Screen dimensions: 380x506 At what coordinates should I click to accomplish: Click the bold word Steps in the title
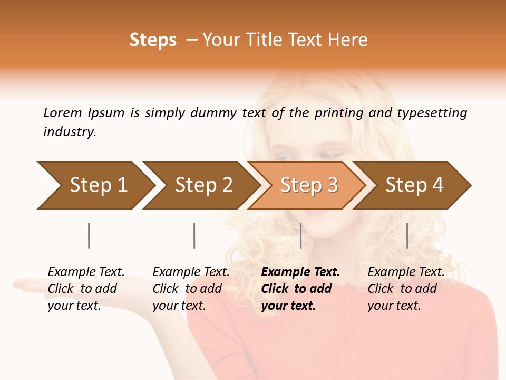click(153, 40)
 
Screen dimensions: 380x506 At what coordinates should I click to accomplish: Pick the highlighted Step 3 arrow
click(309, 185)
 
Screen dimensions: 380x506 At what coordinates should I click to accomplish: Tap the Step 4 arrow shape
click(414, 185)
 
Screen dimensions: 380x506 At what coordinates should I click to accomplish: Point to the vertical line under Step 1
click(89, 235)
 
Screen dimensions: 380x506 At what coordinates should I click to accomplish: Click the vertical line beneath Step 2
click(194, 235)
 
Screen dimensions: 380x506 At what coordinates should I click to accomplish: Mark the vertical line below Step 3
click(300, 235)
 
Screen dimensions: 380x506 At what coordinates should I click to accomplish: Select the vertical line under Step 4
click(407, 235)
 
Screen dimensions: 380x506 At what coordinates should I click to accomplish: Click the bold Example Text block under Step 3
click(300, 289)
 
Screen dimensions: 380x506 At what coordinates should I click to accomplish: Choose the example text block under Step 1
click(86, 289)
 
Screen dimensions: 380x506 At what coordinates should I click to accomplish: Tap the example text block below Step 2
click(191, 289)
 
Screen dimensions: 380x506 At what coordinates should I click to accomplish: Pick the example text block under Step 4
click(406, 289)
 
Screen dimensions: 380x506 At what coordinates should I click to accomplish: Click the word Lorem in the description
click(62, 113)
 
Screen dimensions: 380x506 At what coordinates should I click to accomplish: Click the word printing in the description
click(339, 113)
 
